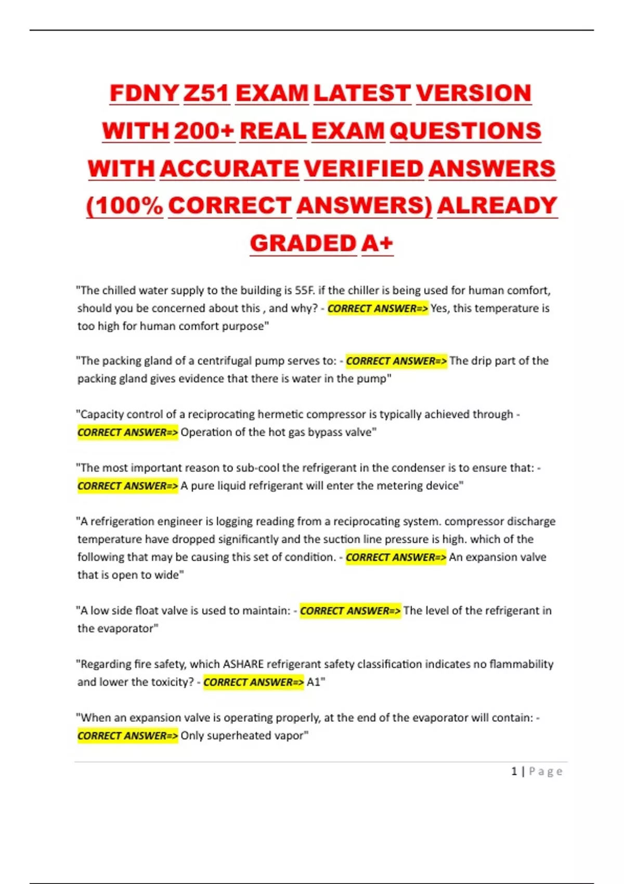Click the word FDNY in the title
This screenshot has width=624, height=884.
point(144,94)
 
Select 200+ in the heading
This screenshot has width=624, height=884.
point(204,131)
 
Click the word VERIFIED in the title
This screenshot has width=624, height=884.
point(363,169)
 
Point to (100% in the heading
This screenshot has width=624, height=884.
point(124,206)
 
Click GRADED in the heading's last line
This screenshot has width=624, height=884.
point(303,243)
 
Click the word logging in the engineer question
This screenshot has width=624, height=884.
point(237,522)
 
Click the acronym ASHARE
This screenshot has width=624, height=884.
point(243,664)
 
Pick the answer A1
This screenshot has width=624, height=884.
point(314,682)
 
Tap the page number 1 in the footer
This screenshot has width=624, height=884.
point(514,771)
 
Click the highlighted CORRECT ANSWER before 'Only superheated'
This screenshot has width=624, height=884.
point(128,736)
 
